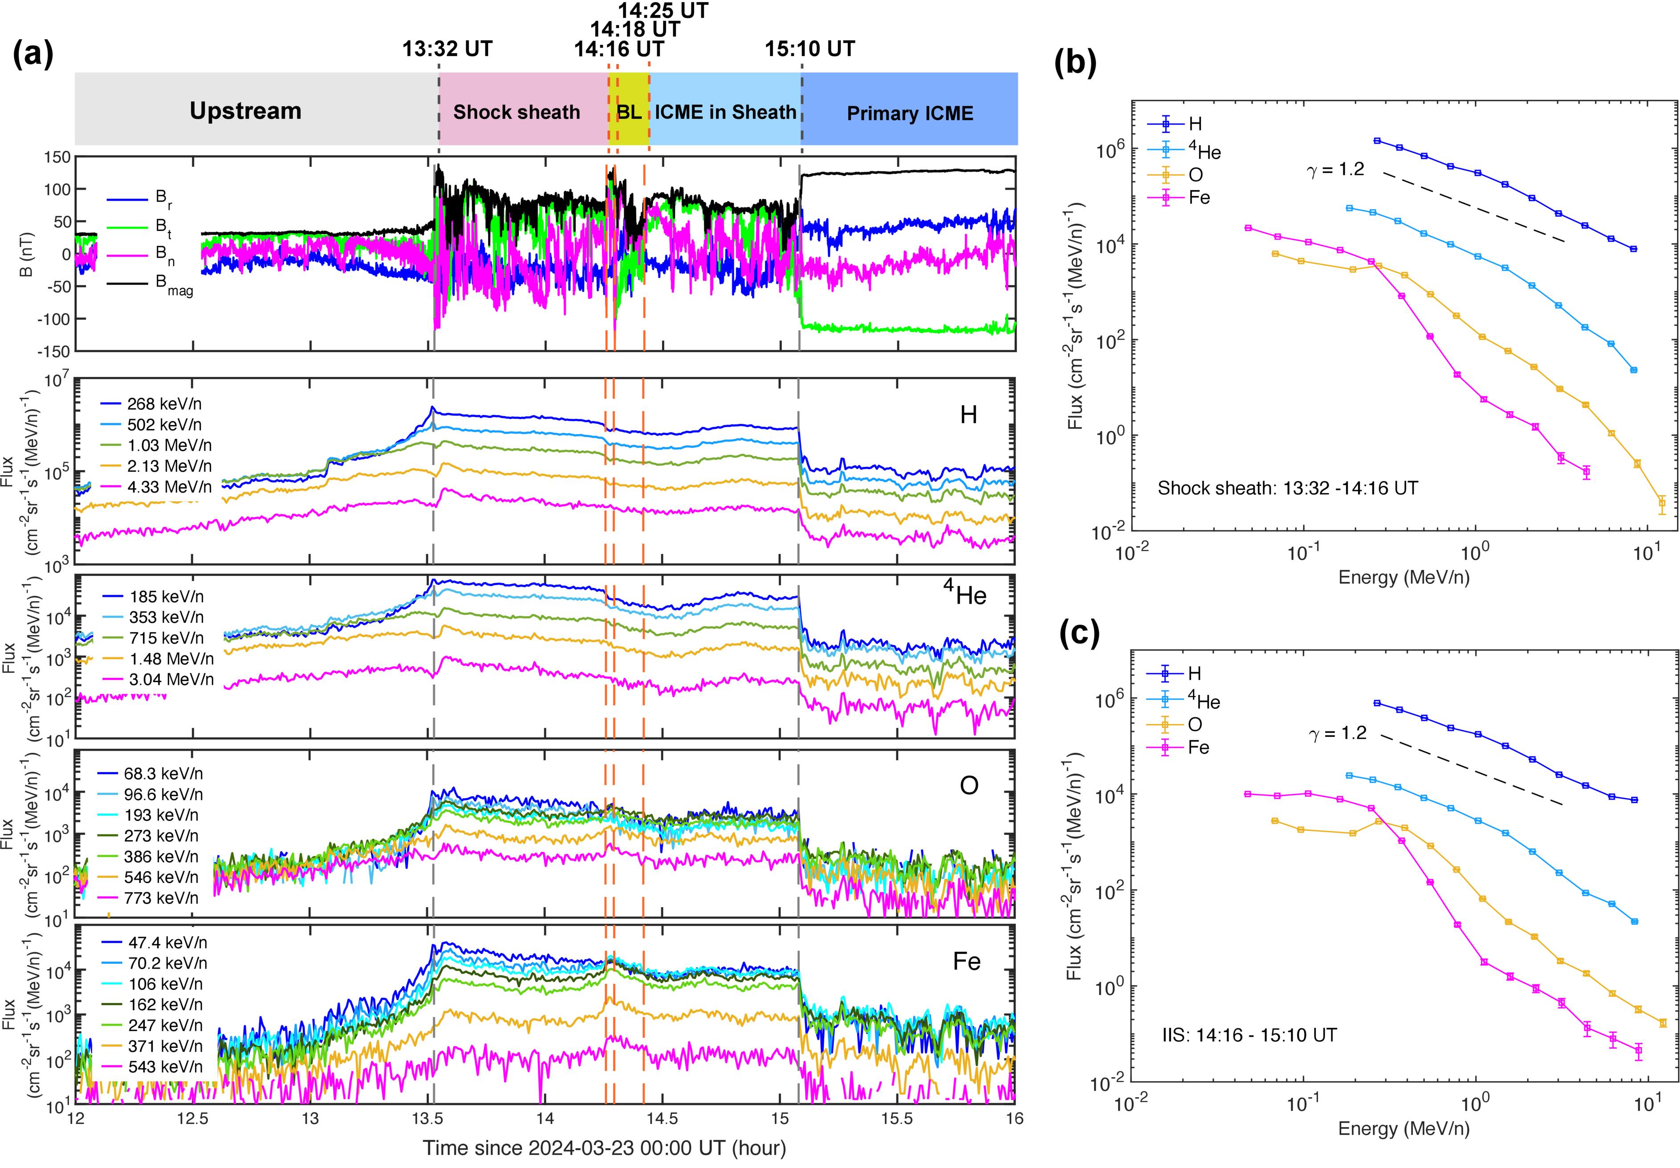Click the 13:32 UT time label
[447, 49]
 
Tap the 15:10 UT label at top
[810, 49]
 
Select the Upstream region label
[245, 111]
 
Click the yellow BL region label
[629, 113]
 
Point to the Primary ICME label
[910, 113]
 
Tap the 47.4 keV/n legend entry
[165, 943]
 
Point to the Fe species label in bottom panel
[967, 961]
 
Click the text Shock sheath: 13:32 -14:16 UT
[1287, 488]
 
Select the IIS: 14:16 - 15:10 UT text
[1249, 1035]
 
